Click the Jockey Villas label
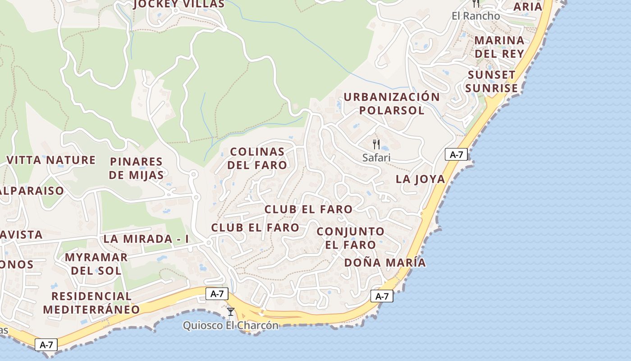tap(179, 5)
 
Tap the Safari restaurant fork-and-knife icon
tap(376, 144)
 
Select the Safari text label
tap(376, 157)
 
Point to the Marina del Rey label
tap(499, 47)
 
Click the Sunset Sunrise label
tap(491, 81)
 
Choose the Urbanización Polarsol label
tap(392, 103)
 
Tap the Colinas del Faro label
tap(257, 158)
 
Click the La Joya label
tap(420, 179)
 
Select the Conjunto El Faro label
tap(351, 238)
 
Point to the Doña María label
tap(384, 263)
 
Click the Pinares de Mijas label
tap(136, 168)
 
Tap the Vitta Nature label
tap(51, 160)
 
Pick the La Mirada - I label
tap(146, 239)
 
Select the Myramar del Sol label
tap(96, 264)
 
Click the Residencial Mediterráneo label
tap(91, 303)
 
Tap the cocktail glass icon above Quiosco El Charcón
tap(231, 311)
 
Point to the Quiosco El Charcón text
tap(230, 325)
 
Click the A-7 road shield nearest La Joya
tap(456, 155)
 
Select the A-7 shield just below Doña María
tap(382, 296)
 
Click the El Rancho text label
tap(476, 16)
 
